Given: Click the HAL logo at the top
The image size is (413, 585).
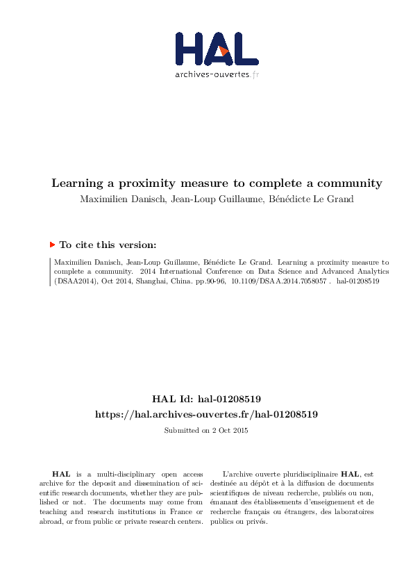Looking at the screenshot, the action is click(217, 49).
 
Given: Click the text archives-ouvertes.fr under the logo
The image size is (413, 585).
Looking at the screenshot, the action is click(217, 74).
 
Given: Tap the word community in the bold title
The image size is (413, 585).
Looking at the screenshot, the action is click(346, 183).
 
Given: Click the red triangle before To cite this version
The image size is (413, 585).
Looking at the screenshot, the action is click(52, 245).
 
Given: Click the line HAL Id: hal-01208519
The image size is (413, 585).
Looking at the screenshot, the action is click(206, 399).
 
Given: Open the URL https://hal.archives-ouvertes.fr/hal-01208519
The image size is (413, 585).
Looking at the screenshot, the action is click(206, 414).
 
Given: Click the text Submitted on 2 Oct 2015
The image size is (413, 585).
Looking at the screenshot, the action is click(206, 431).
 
